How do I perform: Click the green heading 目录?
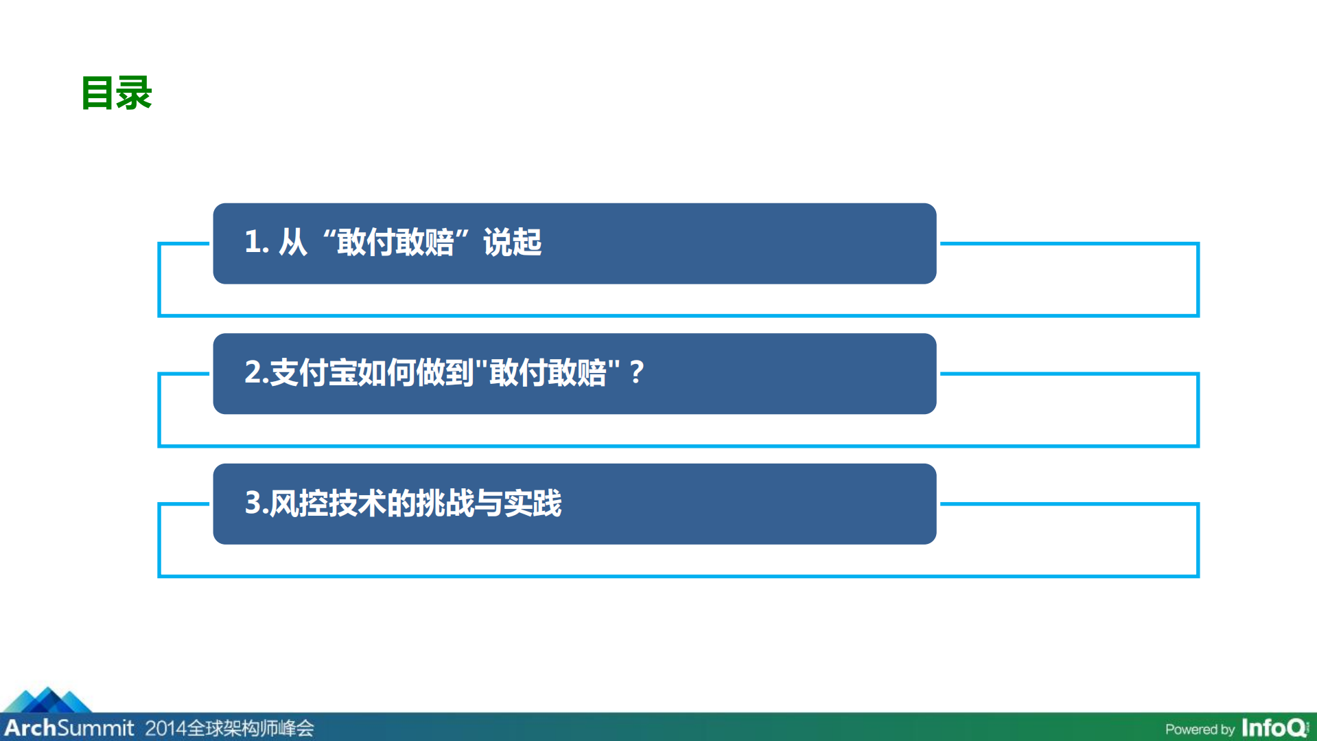tap(117, 93)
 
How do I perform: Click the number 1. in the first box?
tap(257, 242)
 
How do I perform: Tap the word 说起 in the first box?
tap(512, 242)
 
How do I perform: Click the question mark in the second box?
tap(636, 373)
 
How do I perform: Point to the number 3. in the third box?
tap(255, 503)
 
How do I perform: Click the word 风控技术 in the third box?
tap(327, 503)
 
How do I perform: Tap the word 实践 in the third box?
tap(533, 503)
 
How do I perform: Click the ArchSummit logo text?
tap(69, 728)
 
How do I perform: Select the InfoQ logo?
tap(1274, 728)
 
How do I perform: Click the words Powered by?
tap(1200, 729)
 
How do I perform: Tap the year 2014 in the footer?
tap(165, 728)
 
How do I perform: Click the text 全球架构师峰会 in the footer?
tap(250, 728)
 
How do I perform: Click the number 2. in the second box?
tap(255, 373)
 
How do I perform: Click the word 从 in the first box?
tap(292, 242)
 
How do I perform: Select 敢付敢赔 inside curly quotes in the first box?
tap(395, 242)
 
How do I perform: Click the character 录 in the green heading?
tap(134, 93)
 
